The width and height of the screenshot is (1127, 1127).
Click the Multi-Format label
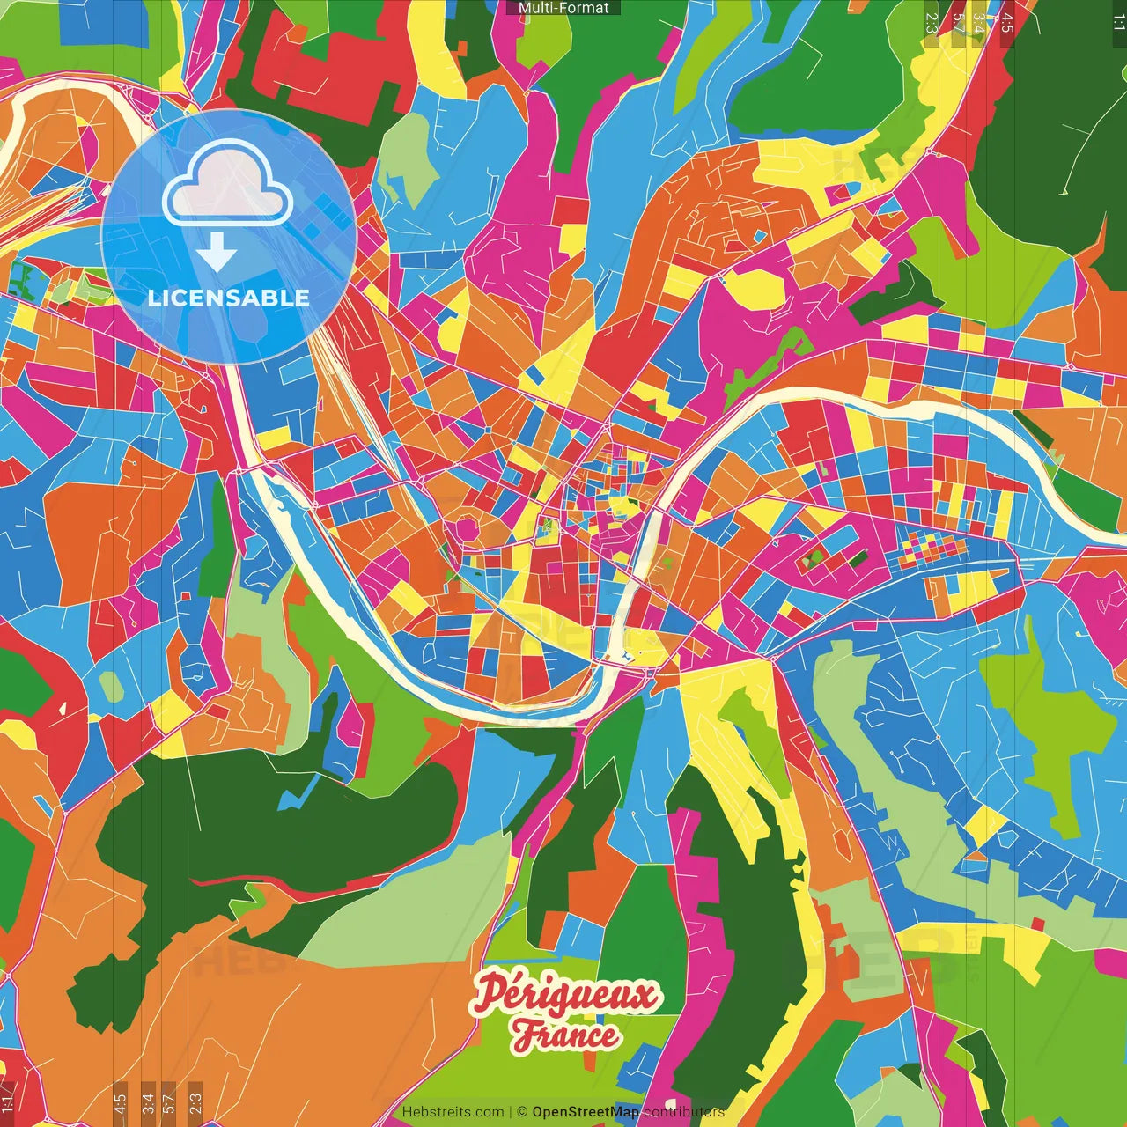(563, 8)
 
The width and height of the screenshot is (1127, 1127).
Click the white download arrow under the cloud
(217, 254)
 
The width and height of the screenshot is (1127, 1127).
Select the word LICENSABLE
(228, 298)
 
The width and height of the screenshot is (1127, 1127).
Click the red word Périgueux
(565, 995)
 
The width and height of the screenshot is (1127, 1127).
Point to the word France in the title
(565, 1035)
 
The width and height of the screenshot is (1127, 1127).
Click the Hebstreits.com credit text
(453, 1112)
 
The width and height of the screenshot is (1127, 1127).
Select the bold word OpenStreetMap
(586, 1112)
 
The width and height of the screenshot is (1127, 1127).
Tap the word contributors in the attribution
(684, 1112)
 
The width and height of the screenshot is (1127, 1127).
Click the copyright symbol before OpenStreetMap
(522, 1112)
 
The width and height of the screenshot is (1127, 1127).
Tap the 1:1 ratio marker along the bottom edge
(7, 1101)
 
